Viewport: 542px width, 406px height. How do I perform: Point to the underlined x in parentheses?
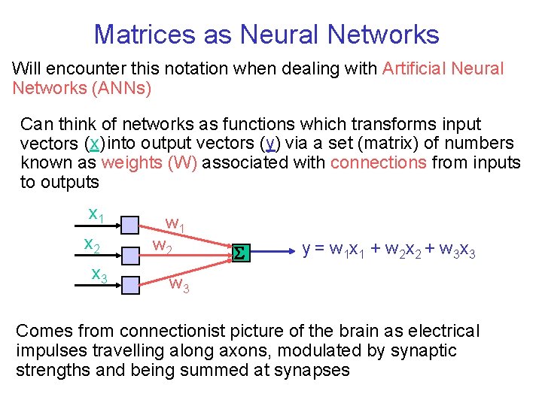click(93, 144)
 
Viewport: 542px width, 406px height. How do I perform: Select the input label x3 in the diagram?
click(99, 276)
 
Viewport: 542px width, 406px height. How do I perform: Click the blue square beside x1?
click(129, 224)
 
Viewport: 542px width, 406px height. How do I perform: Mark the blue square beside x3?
click(129, 284)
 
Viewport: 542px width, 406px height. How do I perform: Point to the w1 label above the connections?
click(174, 224)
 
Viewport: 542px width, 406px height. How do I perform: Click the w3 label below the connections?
click(178, 284)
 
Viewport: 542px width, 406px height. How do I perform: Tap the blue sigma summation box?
click(239, 254)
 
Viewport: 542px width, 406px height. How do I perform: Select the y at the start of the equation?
click(306, 250)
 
